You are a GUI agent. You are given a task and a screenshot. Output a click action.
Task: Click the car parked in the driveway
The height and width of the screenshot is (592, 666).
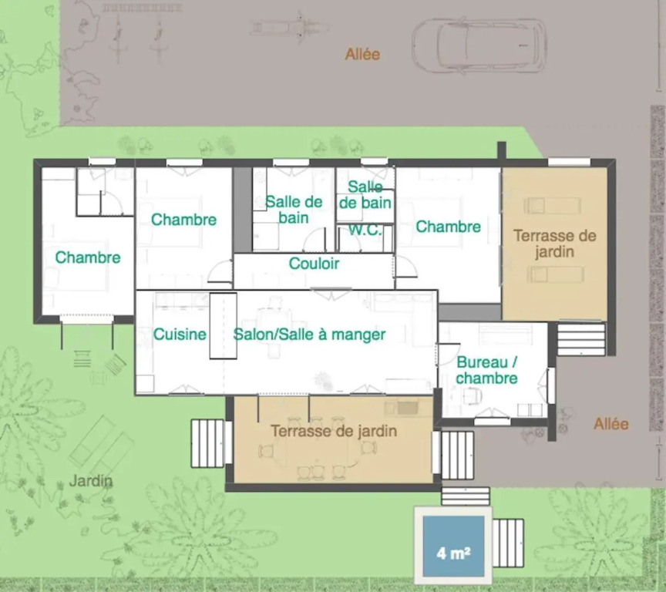coord(479,45)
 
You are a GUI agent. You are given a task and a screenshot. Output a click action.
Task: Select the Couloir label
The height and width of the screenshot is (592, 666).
coord(314,264)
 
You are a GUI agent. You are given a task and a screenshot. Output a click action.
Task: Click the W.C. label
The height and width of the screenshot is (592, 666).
coord(365,230)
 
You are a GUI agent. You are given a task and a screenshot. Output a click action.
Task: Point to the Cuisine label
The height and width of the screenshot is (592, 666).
coord(180,335)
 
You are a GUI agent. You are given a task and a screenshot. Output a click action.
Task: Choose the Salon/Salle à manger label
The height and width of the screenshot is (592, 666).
coord(309,335)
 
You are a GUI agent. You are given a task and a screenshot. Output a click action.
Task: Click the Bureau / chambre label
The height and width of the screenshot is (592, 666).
coord(486,370)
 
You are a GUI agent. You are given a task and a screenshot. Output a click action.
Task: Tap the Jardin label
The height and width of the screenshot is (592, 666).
coord(91,481)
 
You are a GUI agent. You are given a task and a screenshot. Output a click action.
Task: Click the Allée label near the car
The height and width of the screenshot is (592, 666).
coord(362,54)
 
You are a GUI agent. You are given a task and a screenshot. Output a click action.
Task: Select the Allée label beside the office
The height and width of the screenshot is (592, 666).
coord(610,423)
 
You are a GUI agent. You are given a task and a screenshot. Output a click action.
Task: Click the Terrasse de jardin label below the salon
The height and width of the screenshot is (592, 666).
coord(334,431)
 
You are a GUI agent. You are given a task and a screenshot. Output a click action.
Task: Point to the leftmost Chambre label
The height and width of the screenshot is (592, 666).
coord(88,257)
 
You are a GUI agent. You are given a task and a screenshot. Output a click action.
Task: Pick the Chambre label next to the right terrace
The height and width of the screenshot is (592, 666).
coord(448,227)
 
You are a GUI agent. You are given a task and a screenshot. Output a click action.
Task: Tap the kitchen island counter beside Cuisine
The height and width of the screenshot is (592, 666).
coord(223,326)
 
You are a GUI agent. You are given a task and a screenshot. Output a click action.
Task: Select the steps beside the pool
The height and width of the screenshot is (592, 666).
coord(508,543)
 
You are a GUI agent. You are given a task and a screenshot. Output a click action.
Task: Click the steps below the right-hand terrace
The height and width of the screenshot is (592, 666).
coord(581,339)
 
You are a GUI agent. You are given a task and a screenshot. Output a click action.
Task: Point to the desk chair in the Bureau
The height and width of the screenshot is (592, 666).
coord(472,397)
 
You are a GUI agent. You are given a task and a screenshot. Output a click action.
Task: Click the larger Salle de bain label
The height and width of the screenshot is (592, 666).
coord(294,210)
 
